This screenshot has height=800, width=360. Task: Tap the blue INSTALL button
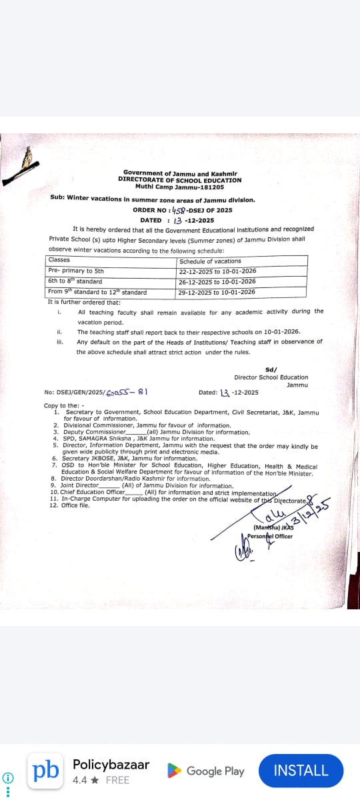click(x=301, y=771)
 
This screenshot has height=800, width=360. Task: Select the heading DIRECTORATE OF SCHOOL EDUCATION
click(x=180, y=180)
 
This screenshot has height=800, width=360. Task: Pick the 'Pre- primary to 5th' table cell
click(x=76, y=271)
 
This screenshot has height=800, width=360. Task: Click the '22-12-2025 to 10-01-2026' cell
click(x=217, y=271)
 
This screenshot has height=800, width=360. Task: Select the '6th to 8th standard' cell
click(x=75, y=281)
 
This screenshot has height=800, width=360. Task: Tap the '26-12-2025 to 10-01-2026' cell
click(x=217, y=282)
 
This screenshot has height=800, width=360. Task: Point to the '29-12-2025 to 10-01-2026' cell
click(x=217, y=292)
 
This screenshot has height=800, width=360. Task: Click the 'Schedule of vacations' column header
click(x=210, y=261)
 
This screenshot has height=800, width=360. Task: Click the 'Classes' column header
click(x=59, y=260)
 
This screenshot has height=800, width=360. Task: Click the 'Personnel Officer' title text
click(x=270, y=536)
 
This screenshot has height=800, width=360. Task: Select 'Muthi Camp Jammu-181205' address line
click(x=180, y=187)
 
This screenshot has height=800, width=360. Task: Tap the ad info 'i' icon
click(x=7, y=778)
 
